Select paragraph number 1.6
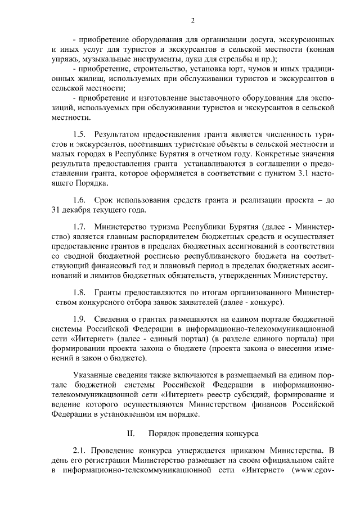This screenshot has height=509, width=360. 79,200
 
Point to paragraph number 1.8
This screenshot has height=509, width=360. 79,292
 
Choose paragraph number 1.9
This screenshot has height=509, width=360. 79,319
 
